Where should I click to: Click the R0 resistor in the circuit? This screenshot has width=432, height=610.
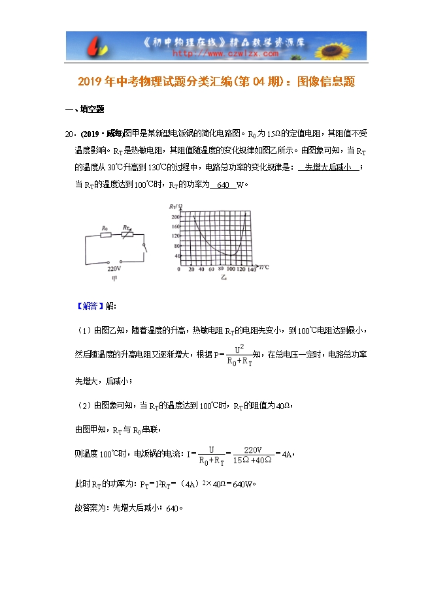[x=105, y=234]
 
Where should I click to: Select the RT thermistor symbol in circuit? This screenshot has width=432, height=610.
[x=127, y=234]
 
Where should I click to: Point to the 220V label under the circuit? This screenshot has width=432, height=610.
[x=114, y=268]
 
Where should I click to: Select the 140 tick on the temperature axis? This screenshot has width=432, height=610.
[x=252, y=269]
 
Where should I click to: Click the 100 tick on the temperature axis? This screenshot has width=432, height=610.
[x=230, y=269]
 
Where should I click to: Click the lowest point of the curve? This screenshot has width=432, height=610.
[x=230, y=255]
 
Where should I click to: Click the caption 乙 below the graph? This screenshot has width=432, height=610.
[x=223, y=277]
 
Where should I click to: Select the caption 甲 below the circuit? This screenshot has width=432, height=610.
[x=114, y=279]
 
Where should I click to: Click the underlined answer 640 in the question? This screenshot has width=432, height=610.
[x=222, y=185]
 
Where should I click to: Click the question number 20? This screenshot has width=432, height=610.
[x=68, y=134]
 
